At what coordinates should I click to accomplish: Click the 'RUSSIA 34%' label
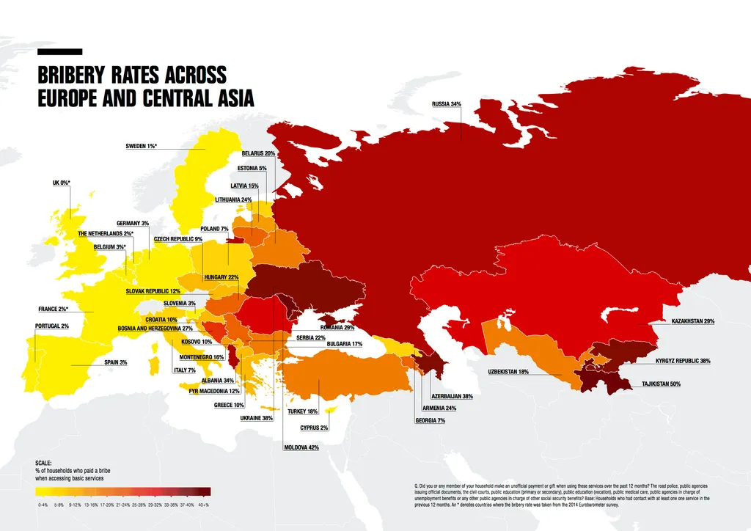[446, 104]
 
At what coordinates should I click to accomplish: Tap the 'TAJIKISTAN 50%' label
[661, 384]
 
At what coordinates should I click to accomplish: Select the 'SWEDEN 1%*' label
[142, 147]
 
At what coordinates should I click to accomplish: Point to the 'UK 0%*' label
[61, 183]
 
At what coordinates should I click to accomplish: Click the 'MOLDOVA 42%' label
[301, 447]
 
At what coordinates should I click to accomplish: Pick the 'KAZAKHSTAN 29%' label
[692, 321]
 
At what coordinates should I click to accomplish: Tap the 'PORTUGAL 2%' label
[52, 326]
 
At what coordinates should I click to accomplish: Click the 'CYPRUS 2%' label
[314, 427]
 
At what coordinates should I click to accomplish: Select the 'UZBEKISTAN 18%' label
[508, 372]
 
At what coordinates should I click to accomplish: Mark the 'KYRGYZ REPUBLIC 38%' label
[683, 361]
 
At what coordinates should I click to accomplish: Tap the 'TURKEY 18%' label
[303, 411]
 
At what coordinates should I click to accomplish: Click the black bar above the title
[59, 52]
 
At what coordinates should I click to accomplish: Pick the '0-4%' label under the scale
[43, 505]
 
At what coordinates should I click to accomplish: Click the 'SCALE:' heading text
[44, 462]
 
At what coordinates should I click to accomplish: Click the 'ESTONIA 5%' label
[252, 168]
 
